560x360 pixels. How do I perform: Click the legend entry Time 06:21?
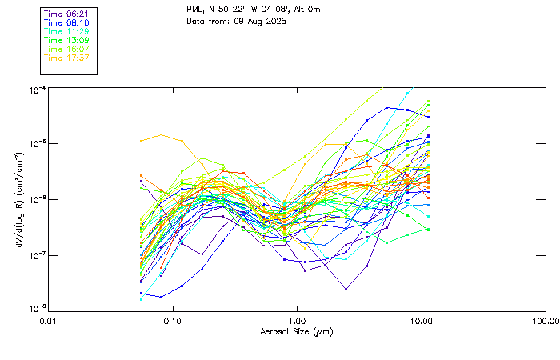65,14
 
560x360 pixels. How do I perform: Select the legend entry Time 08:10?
65,22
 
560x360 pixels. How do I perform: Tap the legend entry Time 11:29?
65,31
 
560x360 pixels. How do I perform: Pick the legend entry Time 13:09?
65,40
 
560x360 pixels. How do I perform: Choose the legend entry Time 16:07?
65,49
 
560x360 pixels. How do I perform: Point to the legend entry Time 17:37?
65,58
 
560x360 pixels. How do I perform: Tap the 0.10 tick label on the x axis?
173,322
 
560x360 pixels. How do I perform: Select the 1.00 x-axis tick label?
298,322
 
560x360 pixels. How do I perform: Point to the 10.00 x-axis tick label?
422,322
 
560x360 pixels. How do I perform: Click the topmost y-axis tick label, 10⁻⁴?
37,89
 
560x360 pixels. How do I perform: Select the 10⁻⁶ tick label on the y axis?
37,199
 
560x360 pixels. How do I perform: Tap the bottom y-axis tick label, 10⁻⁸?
37,308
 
